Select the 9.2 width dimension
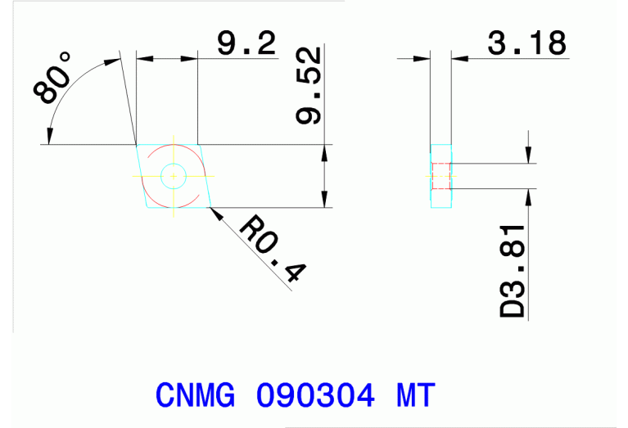click(x=246, y=43)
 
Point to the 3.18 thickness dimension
click(x=526, y=43)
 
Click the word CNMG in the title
click(x=195, y=396)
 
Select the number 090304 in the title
click(x=316, y=396)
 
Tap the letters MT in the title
click(x=416, y=396)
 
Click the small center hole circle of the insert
click(x=173, y=175)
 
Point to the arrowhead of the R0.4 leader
click(x=215, y=212)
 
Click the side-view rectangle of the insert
click(x=441, y=175)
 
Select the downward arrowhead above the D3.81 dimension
click(x=529, y=155)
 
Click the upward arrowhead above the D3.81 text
click(x=529, y=197)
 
